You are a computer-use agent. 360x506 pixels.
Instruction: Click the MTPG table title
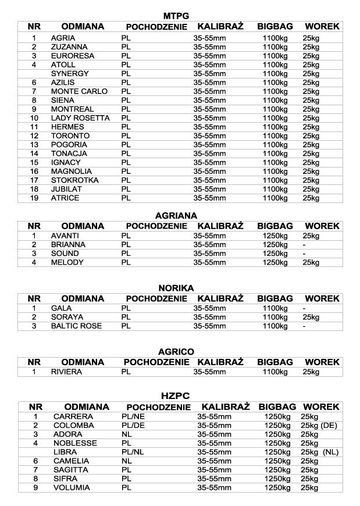pyautogui.click(x=176, y=16)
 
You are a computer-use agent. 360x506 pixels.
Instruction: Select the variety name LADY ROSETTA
pyautogui.click(x=80, y=118)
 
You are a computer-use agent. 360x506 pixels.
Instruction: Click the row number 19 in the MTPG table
pyautogui.click(x=34, y=198)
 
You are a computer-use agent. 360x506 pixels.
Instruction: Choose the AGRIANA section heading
pyautogui.click(x=176, y=215)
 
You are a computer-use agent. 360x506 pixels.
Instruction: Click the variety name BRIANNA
pyautogui.click(x=68, y=245)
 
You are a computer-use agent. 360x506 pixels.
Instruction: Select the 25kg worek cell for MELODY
pyautogui.click(x=311, y=262)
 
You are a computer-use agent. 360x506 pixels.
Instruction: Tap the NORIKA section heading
pyautogui.click(x=176, y=288)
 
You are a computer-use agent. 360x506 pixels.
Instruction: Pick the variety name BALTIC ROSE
pyautogui.click(x=76, y=326)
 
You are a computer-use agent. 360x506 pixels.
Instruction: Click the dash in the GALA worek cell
pyautogui.click(x=304, y=308)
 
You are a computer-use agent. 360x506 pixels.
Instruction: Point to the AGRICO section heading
pyautogui.click(x=176, y=352)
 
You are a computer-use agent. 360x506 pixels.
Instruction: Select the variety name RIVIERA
pyautogui.click(x=66, y=371)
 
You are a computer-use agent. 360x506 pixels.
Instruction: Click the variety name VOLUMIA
pyautogui.click(x=72, y=487)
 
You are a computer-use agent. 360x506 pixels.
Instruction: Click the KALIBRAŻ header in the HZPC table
pyautogui.click(x=226, y=407)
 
